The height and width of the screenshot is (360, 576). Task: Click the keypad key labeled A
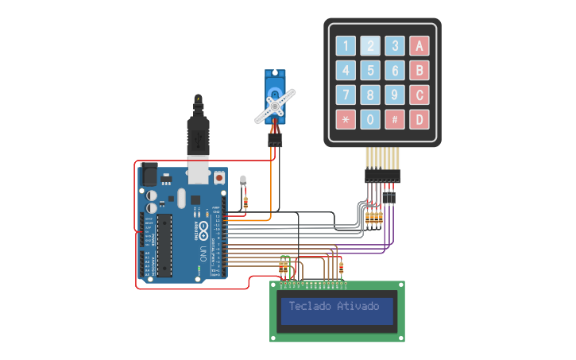pyautogui.click(x=419, y=45)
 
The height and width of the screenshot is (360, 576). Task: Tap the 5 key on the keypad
pyautogui.click(x=370, y=70)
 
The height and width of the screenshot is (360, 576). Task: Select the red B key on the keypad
pyautogui.click(x=419, y=70)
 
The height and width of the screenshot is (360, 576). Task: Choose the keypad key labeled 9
pyautogui.click(x=395, y=95)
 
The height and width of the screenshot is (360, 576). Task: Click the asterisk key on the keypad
pyautogui.click(x=346, y=120)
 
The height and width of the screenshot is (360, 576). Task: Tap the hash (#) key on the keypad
pyautogui.click(x=395, y=120)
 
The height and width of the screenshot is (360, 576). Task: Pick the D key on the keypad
pyautogui.click(x=419, y=120)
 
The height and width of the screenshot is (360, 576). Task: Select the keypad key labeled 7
pyautogui.click(x=346, y=95)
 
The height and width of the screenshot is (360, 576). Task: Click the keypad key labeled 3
pyautogui.click(x=395, y=45)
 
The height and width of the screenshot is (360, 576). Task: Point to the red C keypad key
pyautogui.click(x=419, y=95)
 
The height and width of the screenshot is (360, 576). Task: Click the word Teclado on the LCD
pyautogui.click(x=311, y=306)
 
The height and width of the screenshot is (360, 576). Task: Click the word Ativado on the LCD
pyautogui.click(x=358, y=306)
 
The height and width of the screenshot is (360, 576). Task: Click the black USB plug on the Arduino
pyautogui.click(x=197, y=131)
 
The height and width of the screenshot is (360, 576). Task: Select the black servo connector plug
pyautogui.click(x=274, y=140)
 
